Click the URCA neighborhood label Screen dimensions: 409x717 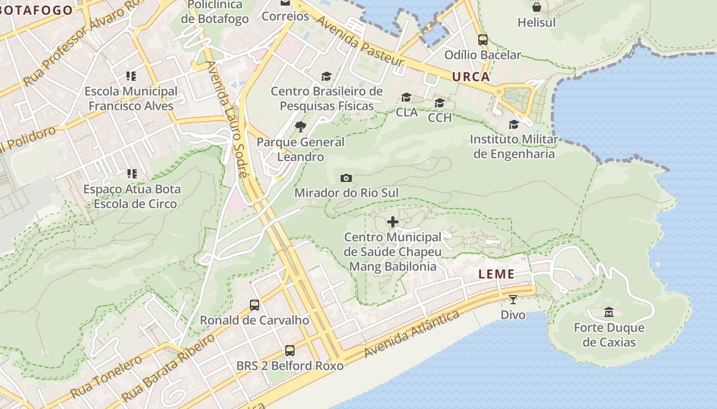coord(471,77)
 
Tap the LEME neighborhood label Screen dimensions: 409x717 coord(496,274)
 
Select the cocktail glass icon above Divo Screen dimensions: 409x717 coord(513,299)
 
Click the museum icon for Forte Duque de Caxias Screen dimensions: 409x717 coord(609,312)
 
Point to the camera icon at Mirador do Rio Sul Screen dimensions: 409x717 coord(346,178)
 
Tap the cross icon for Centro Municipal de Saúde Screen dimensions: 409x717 coord(393,222)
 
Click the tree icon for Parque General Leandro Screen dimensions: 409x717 coord(301,127)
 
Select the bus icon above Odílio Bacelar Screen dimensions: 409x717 coord(482,39)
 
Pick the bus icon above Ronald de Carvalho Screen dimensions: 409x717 coord(255,305)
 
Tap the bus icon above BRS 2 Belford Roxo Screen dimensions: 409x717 coord(290,351)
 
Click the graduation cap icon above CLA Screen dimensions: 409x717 coord(407,97)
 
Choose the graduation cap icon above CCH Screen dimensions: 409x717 coord(439,103)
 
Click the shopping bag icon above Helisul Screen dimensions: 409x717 coord(536,7)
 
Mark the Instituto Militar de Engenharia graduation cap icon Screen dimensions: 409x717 coord(514,125)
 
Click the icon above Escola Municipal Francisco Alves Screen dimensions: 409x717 coord(131,76)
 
